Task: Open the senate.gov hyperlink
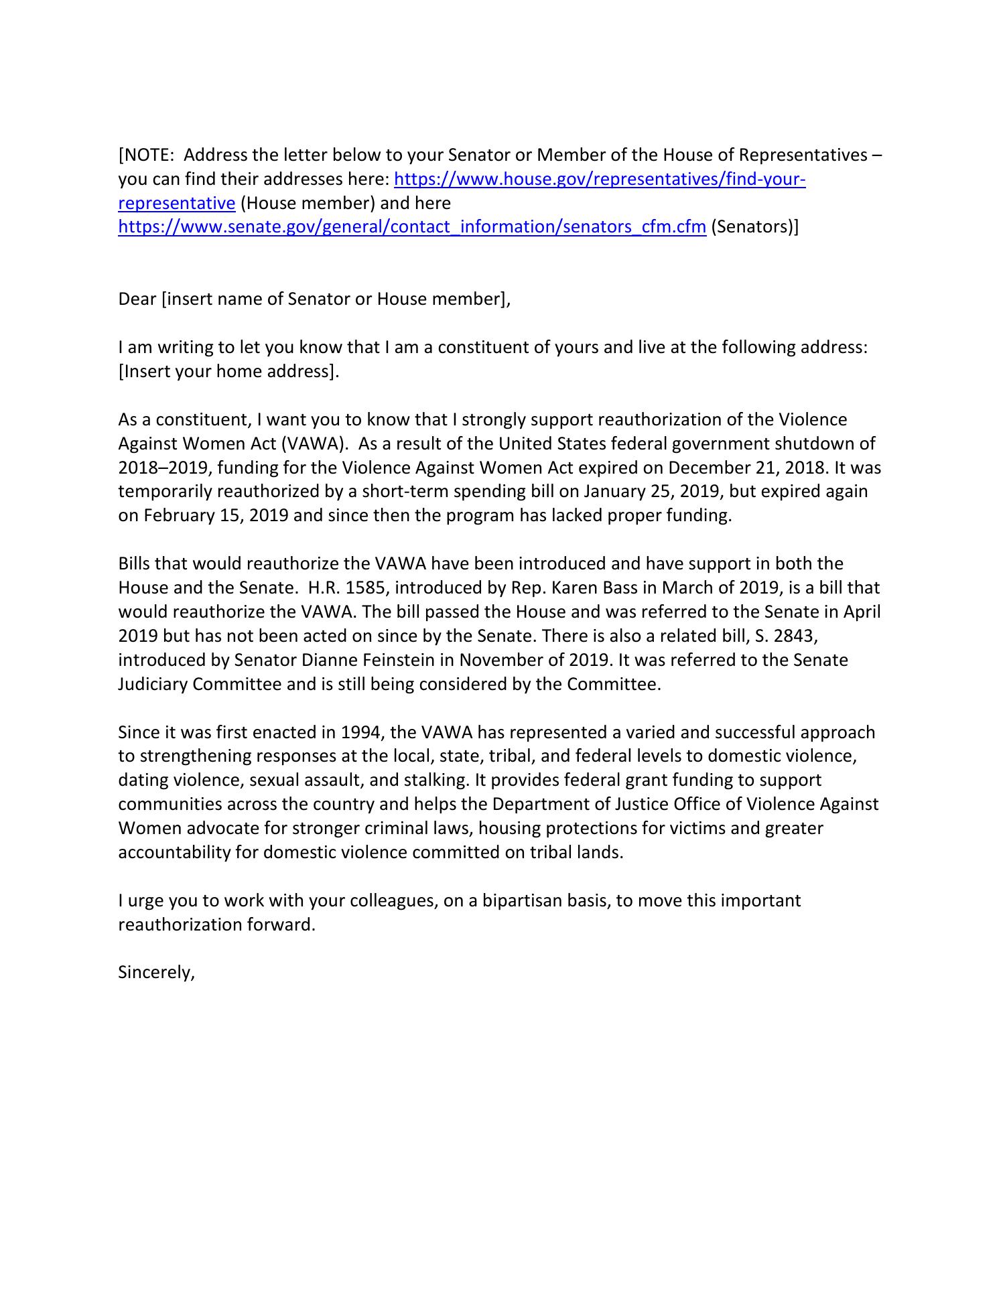click(412, 227)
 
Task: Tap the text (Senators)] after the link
click(754, 227)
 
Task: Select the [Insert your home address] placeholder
click(228, 371)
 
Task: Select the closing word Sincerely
click(155, 973)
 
